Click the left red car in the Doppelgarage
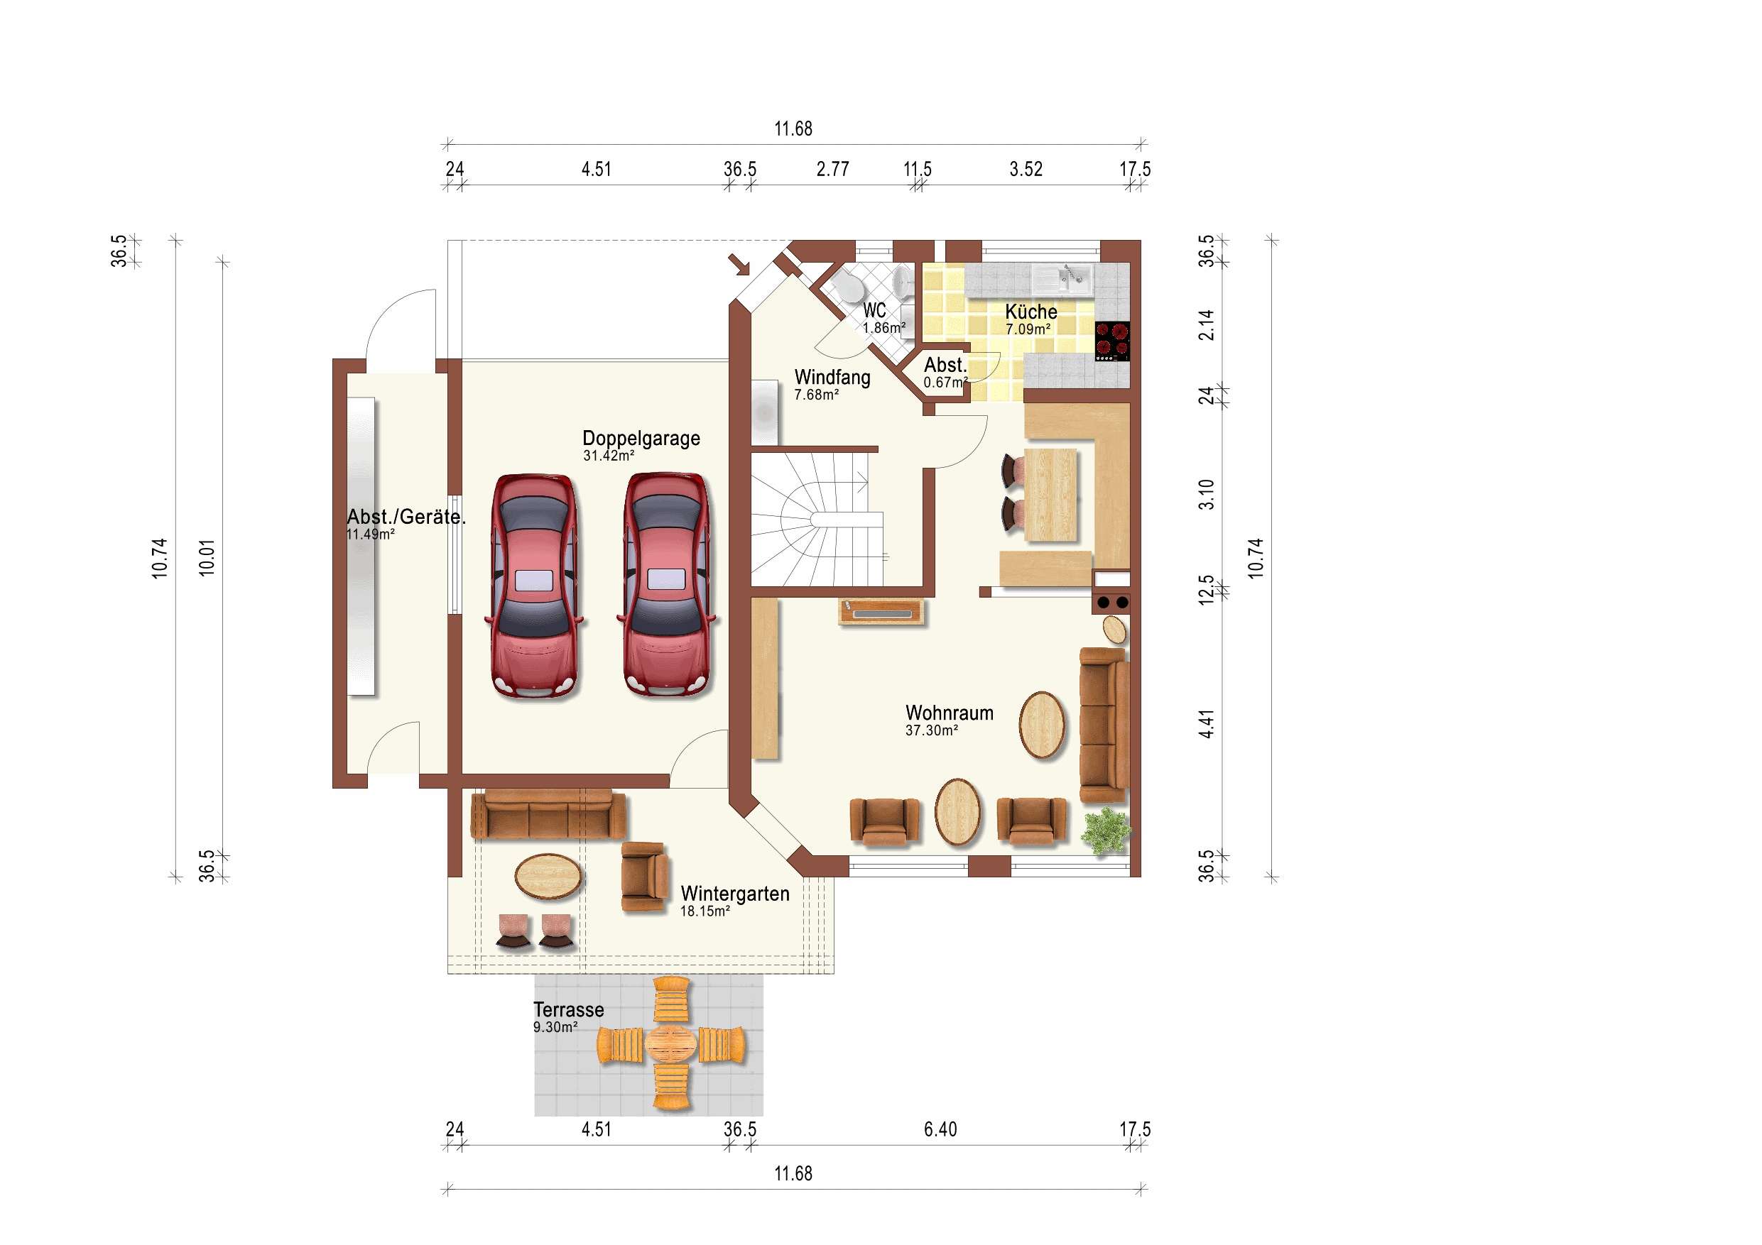click(x=535, y=587)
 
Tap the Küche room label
click(x=1030, y=312)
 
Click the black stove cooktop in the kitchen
click(x=1112, y=341)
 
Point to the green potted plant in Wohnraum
click(x=1106, y=830)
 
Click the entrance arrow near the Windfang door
click(x=740, y=265)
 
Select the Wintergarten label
click(x=734, y=894)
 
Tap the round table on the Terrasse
click(x=670, y=1044)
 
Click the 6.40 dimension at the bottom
click(x=940, y=1130)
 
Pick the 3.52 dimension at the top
click(x=1026, y=170)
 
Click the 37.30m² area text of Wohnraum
click(x=931, y=731)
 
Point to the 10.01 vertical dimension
click(x=207, y=558)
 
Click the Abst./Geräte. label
click(x=406, y=517)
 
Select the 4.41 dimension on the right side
click(x=1207, y=725)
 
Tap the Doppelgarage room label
click(x=641, y=439)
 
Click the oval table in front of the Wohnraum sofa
click(x=1041, y=725)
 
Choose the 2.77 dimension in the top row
click(x=832, y=170)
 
